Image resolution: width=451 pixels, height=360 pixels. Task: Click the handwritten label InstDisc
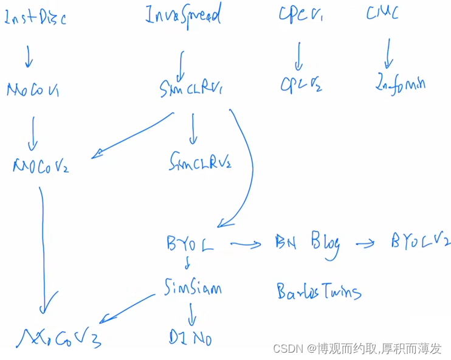(35, 18)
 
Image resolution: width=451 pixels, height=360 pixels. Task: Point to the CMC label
(382, 13)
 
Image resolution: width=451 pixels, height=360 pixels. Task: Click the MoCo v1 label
(33, 90)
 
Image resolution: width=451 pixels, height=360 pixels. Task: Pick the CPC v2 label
(301, 85)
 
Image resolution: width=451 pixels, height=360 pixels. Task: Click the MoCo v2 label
(41, 165)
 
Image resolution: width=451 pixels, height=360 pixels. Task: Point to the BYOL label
(190, 244)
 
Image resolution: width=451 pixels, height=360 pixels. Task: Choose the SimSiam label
(193, 287)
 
